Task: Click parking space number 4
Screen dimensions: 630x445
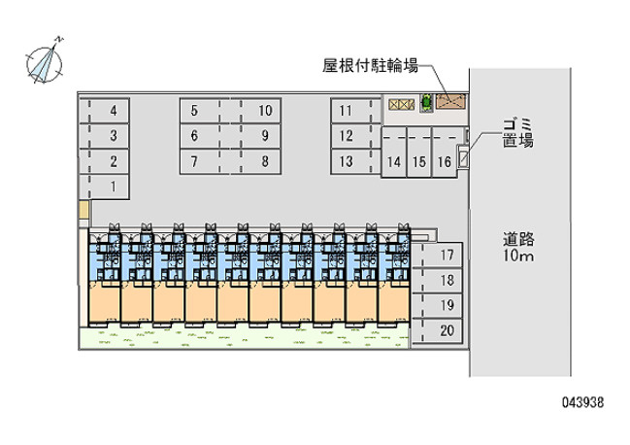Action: click(x=104, y=111)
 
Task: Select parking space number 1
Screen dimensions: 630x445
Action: click(x=104, y=187)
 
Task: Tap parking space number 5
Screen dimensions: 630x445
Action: click(x=205, y=111)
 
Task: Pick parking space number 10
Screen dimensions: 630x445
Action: click(x=256, y=111)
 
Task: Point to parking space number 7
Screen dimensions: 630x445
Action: click(x=205, y=161)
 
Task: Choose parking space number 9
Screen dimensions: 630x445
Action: click(x=256, y=136)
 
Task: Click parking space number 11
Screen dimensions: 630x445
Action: click(x=356, y=111)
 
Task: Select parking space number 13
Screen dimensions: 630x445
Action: click(x=356, y=161)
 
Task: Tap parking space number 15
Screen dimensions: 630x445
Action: click(x=419, y=152)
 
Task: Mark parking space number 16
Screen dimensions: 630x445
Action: click(x=445, y=152)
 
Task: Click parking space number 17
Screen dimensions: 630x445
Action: click(x=437, y=256)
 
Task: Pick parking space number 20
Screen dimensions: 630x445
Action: click(x=437, y=331)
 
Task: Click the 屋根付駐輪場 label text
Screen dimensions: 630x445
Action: click(x=370, y=65)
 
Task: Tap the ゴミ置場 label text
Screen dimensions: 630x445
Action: click(x=518, y=132)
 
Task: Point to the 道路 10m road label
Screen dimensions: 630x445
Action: click(x=518, y=247)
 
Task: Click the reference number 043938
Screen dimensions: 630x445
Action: click(x=582, y=402)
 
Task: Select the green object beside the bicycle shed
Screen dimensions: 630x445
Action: click(x=426, y=103)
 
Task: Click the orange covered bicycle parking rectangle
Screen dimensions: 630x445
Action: click(x=450, y=102)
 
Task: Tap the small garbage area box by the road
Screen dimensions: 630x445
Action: click(x=463, y=157)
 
